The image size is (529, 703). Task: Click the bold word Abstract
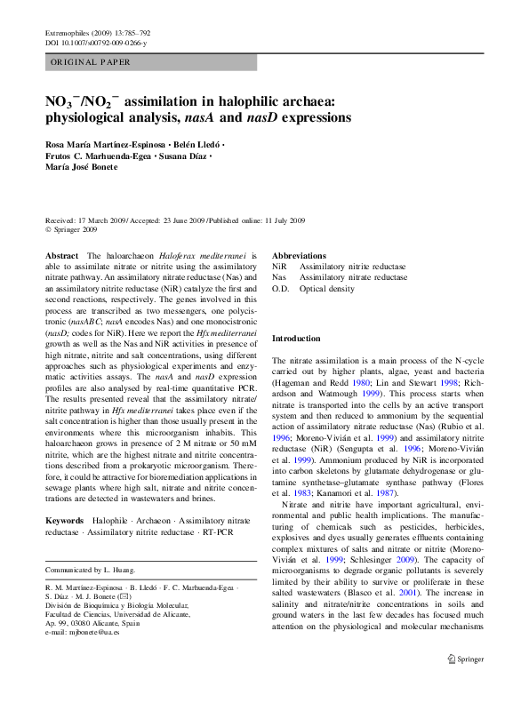60,255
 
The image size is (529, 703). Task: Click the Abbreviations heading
300,255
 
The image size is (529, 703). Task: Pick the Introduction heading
296,339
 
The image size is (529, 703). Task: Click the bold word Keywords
64,519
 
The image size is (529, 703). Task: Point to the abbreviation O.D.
281,289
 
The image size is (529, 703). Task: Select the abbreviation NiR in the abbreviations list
279,266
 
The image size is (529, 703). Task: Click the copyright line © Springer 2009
71,229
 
